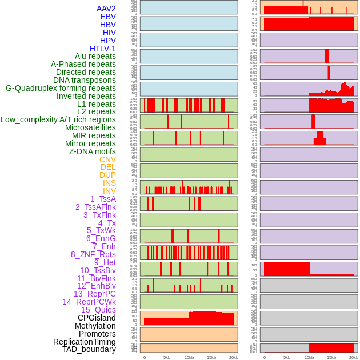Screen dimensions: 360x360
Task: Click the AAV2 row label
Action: (106, 9)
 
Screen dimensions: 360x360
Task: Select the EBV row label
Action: (108, 17)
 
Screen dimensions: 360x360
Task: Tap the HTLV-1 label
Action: (102, 49)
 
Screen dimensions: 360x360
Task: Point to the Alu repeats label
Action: (95, 56)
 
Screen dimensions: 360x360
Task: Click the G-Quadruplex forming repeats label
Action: (61, 88)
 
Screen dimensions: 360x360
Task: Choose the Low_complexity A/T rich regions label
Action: (58, 119)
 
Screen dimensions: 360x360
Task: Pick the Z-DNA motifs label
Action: (92, 151)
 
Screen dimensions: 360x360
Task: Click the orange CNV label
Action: (107, 159)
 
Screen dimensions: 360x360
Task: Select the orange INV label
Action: (109, 191)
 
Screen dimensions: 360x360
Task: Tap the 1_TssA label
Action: (103, 199)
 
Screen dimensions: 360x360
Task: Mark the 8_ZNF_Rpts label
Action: (93, 254)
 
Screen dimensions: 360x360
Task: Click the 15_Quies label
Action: (98, 310)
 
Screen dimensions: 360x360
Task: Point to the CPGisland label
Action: (97, 318)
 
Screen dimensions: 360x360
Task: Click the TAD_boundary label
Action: (89, 349)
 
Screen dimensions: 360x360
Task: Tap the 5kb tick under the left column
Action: (167, 357)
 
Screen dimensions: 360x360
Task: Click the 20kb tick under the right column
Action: (354, 357)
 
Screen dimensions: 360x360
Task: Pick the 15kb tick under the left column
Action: (211, 357)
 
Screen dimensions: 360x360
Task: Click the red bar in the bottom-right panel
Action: (331, 348)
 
